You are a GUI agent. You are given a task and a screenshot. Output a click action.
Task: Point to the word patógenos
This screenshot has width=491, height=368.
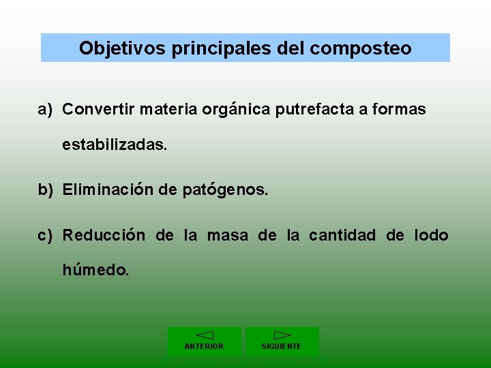pyautogui.click(x=226, y=190)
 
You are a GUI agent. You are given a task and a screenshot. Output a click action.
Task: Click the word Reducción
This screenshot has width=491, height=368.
pyautogui.click(x=104, y=236)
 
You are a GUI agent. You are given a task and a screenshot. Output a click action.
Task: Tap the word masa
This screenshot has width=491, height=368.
pyautogui.click(x=228, y=236)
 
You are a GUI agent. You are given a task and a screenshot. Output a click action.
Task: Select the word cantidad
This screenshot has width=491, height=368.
pyautogui.click(x=342, y=236)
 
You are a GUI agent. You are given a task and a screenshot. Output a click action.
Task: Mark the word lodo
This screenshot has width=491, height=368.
pyautogui.click(x=431, y=236)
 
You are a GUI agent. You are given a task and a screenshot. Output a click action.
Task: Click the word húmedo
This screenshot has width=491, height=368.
pyautogui.click(x=95, y=270)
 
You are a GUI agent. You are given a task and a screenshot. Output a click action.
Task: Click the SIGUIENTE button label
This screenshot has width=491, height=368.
pyautogui.click(x=282, y=346)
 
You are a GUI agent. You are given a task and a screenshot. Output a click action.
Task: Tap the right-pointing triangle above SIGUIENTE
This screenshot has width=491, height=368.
pyautogui.click(x=282, y=335)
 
